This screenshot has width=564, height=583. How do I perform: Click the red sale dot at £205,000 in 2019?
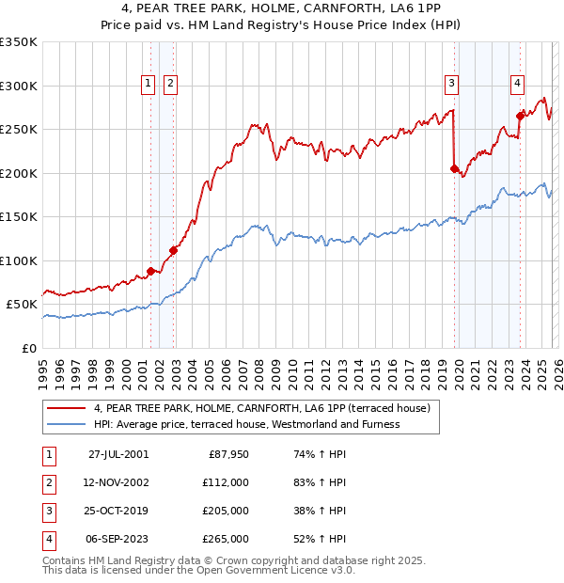point(454,169)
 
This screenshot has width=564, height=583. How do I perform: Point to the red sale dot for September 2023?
point(520,117)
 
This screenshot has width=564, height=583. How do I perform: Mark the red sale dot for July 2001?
point(150,271)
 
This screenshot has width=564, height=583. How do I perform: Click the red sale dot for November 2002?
point(173,250)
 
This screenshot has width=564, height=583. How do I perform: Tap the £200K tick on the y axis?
point(20,173)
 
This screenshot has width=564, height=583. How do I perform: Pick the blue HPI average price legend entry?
point(246,424)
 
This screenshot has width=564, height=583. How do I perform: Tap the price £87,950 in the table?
point(228,454)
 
